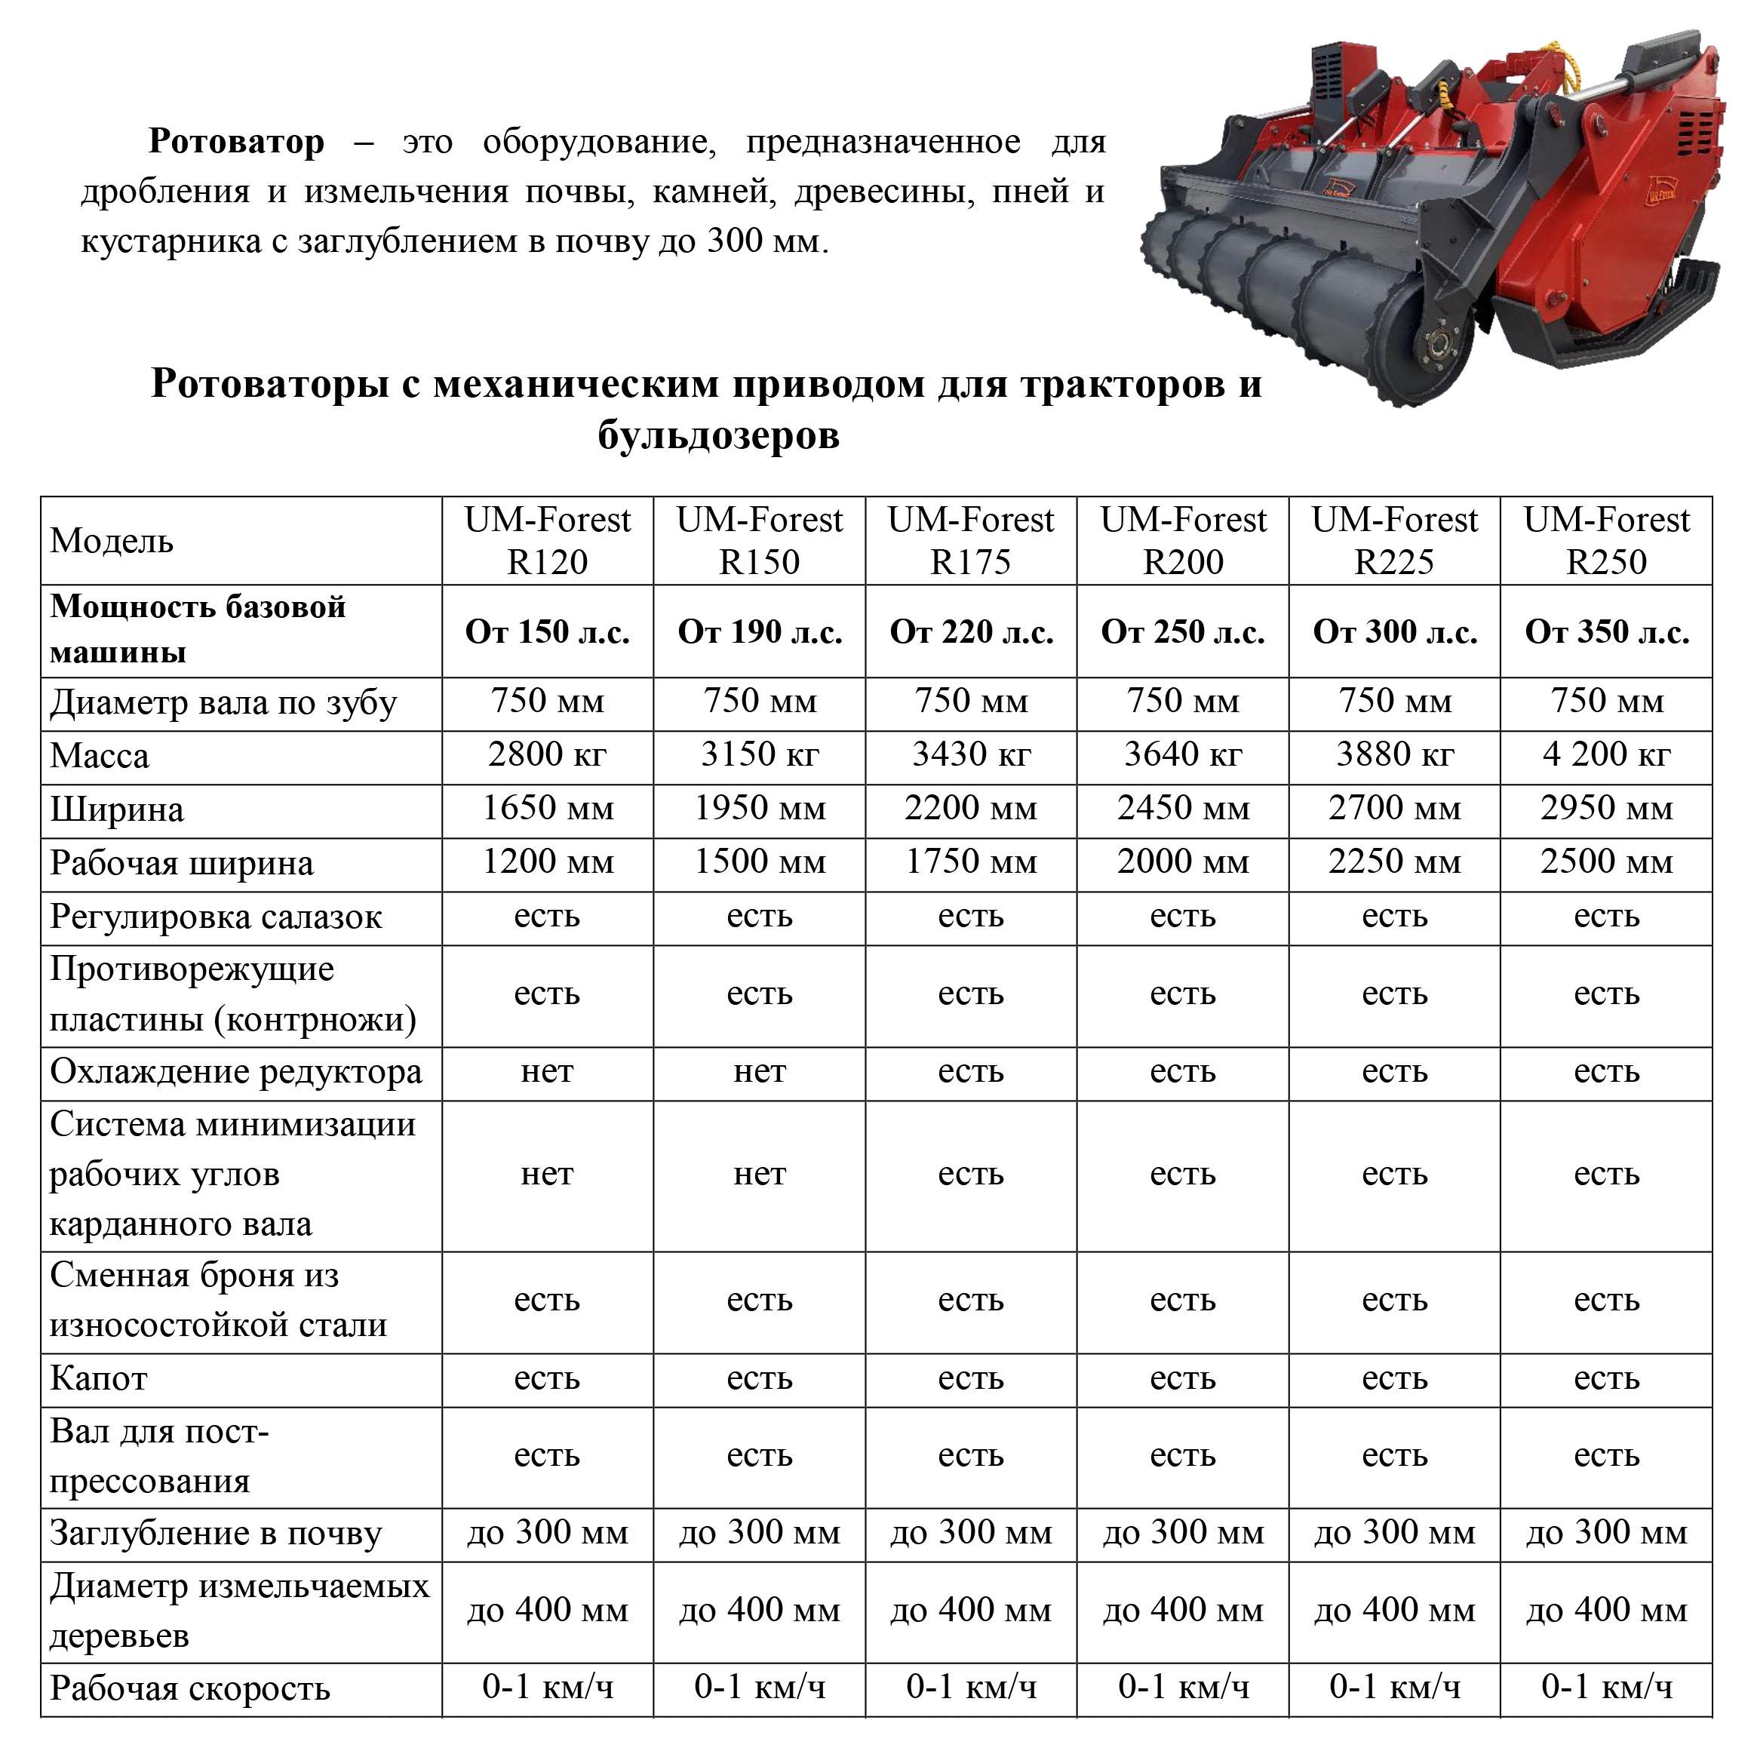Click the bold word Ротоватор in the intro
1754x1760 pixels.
tap(236, 142)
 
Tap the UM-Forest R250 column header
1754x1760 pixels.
tap(1605, 540)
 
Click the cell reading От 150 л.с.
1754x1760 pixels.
tap(547, 631)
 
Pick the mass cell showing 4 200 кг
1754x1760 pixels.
tap(1605, 754)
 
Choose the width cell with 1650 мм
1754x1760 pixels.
tap(547, 808)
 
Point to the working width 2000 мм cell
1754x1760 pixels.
tap(1183, 862)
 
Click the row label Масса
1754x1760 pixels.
tap(100, 756)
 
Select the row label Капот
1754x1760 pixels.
tap(98, 1378)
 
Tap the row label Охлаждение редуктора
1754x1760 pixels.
tap(236, 1072)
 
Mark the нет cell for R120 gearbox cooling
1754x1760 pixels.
tap(547, 1071)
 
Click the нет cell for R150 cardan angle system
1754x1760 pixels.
tap(759, 1175)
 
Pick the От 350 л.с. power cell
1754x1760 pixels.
tap(1605, 631)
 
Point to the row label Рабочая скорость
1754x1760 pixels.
tap(189, 1688)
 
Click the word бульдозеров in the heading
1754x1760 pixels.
tap(718, 435)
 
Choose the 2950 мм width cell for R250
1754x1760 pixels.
tap(1605, 808)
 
